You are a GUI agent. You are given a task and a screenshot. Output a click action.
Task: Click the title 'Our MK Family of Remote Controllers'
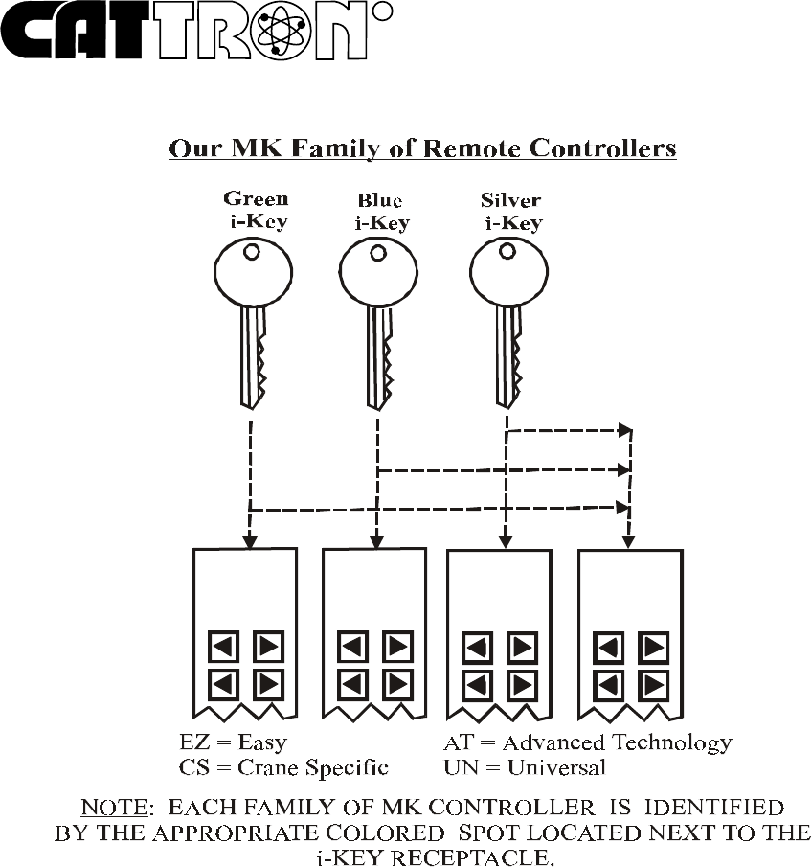click(x=422, y=149)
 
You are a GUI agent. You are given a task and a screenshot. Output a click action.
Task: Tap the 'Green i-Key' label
click(x=256, y=211)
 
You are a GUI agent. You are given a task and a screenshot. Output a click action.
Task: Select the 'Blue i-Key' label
click(x=379, y=212)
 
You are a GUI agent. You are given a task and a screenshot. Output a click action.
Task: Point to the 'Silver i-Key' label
click(x=510, y=212)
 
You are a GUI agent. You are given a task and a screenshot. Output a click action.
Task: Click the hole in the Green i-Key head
click(x=251, y=252)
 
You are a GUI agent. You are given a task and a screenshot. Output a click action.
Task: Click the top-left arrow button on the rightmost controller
click(x=608, y=648)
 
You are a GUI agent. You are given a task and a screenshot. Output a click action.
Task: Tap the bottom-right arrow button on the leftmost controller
click(x=268, y=685)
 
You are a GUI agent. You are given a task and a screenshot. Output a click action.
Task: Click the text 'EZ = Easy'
click(x=234, y=743)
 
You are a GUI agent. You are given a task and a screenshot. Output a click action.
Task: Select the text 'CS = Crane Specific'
click(x=283, y=767)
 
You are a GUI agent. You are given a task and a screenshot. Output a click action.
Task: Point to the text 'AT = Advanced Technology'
click(x=588, y=743)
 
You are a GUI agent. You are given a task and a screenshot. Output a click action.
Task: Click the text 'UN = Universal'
click(x=525, y=767)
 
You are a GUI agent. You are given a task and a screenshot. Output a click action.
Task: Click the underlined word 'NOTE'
click(x=113, y=809)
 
